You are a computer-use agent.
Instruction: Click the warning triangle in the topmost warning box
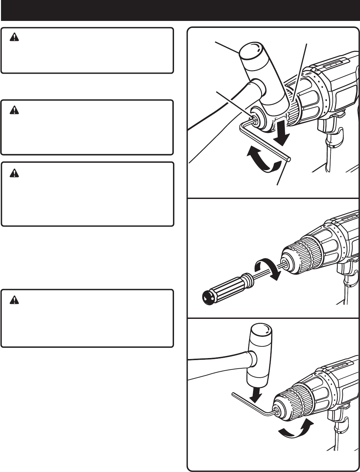[x=14, y=38]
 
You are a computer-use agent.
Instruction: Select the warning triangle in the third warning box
[x=14, y=172]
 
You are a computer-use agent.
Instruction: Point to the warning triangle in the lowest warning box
[x=14, y=300]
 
